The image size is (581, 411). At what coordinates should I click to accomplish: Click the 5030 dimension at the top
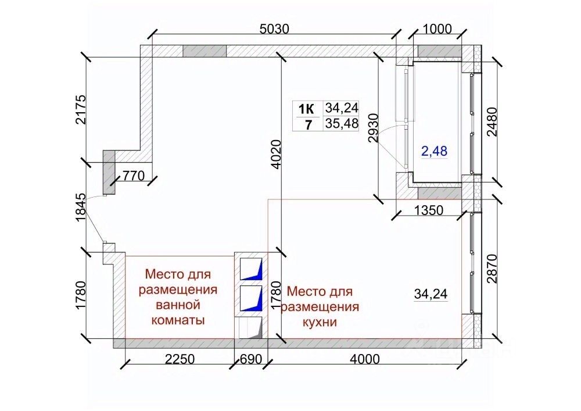pyautogui.click(x=274, y=29)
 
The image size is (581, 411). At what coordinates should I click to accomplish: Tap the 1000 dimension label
pyautogui.click(x=437, y=29)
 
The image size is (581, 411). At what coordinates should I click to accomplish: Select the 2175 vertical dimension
pyautogui.click(x=80, y=110)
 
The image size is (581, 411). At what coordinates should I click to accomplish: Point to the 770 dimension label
pyautogui.click(x=134, y=176)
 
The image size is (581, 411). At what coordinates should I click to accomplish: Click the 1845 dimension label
pyautogui.click(x=80, y=208)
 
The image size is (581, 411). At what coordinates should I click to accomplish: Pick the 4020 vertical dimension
pyautogui.click(x=277, y=154)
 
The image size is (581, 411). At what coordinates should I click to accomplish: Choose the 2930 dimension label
pyautogui.click(x=374, y=128)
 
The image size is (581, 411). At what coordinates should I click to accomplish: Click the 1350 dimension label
pyautogui.click(x=428, y=210)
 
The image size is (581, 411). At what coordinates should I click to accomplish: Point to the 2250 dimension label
pyautogui.click(x=180, y=359)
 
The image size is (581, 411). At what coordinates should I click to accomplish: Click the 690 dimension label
pyautogui.click(x=251, y=359)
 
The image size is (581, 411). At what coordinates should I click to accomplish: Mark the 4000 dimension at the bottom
pyautogui.click(x=365, y=359)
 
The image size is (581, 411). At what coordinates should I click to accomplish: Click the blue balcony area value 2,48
pyautogui.click(x=434, y=151)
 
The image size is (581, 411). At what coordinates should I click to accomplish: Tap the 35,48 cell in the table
pyautogui.click(x=342, y=124)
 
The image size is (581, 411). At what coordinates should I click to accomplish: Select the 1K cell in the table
pyautogui.click(x=307, y=109)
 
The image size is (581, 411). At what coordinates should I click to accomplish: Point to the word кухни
pyautogui.click(x=320, y=323)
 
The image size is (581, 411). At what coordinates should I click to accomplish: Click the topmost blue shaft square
pyautogui.click(x=252, y=269)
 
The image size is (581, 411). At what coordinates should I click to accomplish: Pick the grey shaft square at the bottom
pyautogui.click(x=252, y=328)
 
